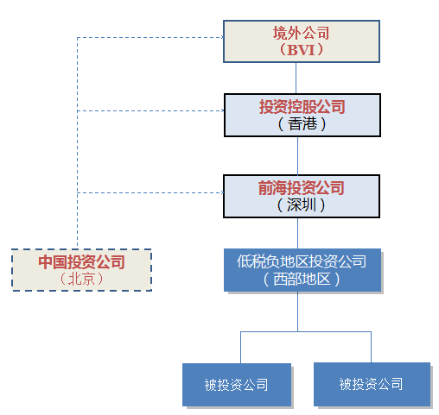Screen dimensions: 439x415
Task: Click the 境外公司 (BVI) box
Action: point(302,41)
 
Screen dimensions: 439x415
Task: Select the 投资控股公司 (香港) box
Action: point(302,115)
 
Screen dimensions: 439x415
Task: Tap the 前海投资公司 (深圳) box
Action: point(302,196)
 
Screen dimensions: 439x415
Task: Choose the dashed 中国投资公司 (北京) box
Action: point(81,270)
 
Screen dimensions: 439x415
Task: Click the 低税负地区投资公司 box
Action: point(302,270)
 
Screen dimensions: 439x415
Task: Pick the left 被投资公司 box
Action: point(237,385)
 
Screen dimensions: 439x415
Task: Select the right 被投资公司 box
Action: point(372,384)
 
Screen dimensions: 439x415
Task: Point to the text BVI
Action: point(301,50)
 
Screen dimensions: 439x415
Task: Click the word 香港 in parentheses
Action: point(302,124)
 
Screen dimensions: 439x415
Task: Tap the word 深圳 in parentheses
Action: point(302,205)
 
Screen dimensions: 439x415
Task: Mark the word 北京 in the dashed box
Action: point(81,279)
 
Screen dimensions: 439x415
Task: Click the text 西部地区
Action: point(302,279)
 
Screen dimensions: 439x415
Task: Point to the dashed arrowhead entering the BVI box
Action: point(222,37)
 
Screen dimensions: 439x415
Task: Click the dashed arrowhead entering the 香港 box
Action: point(222,110)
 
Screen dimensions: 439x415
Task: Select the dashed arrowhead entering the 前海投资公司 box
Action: point(222,192)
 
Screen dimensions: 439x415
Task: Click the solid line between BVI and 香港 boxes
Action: point(296,78)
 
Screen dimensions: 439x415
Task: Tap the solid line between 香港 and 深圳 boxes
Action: point(297,155)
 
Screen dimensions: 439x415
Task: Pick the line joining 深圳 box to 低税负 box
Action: point(297,233)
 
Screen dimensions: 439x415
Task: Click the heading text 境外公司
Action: point(301,33)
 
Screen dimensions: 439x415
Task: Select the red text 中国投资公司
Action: point(81,262)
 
